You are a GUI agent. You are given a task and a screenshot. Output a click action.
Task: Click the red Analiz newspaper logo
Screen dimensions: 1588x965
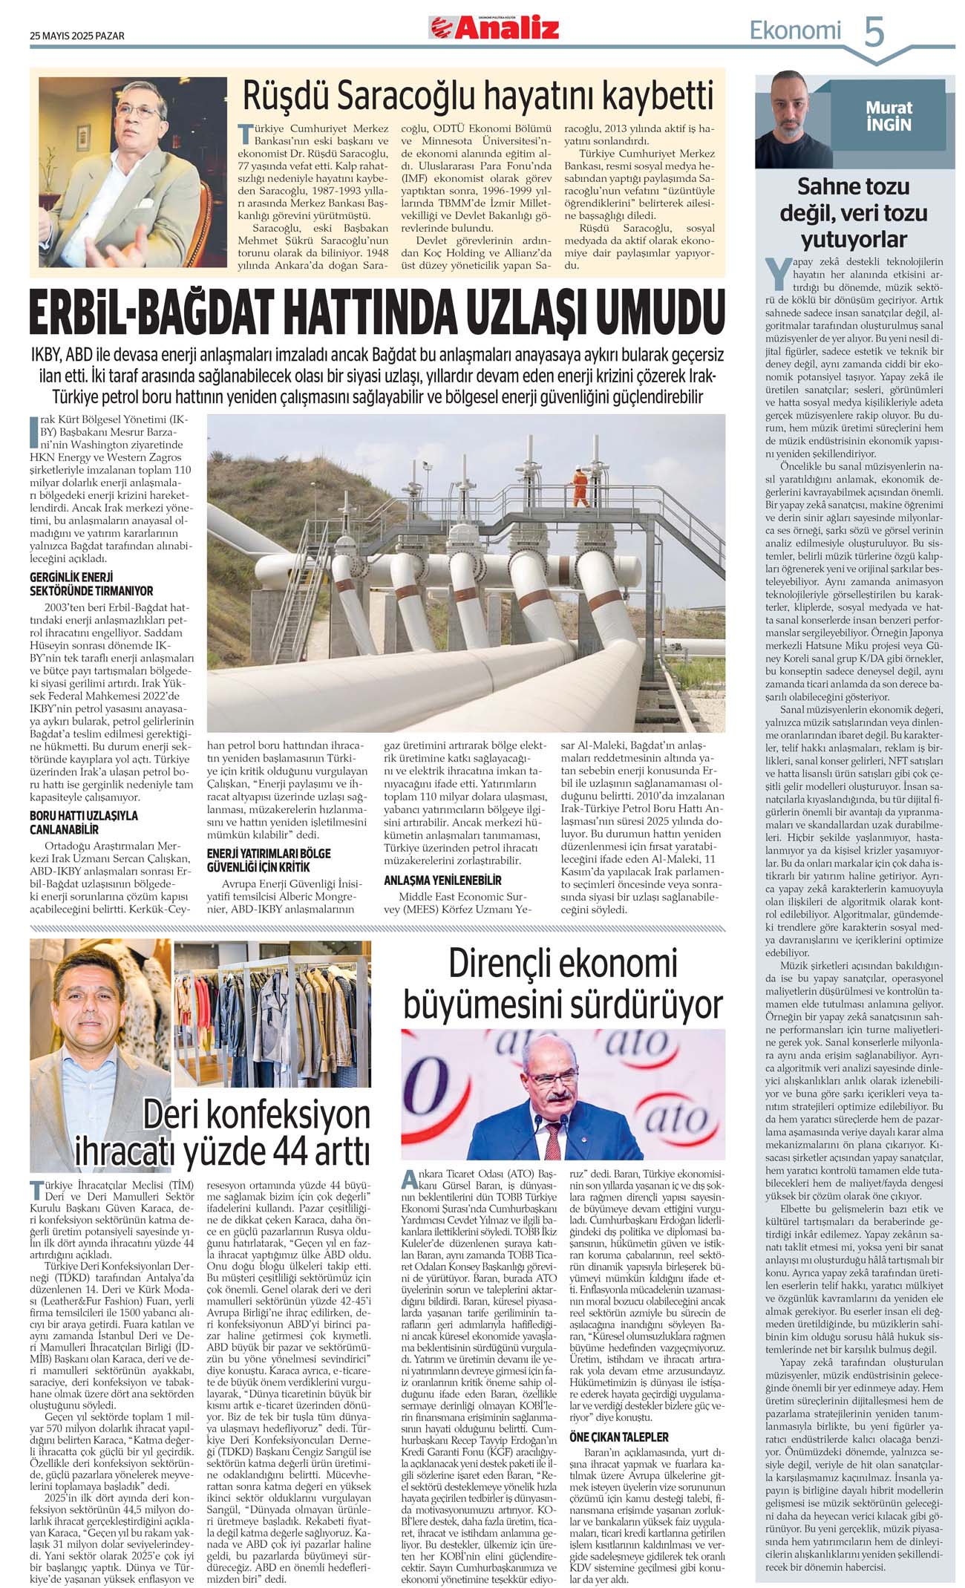pyautogui.click(x=494, y=28)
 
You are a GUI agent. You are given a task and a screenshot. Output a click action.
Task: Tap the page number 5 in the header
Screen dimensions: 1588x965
pyautogui.click(x=874, y=33)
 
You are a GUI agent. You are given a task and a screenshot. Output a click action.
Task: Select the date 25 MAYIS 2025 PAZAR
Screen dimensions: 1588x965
pyautogui.click(x=77, y=36)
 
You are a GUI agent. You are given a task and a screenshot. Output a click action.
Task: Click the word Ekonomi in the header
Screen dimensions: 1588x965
pyautogui.click(x=795, y=31)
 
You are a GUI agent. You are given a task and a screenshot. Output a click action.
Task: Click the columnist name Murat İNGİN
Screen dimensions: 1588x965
pyautogui.click(x=888, y=116)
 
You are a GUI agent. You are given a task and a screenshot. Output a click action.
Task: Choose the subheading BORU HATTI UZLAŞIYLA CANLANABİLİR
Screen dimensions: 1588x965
pyautogui.click(x=83, y=822)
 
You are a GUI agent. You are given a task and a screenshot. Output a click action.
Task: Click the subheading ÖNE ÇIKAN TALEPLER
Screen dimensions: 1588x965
pyautogui.click(x=618, y=1437)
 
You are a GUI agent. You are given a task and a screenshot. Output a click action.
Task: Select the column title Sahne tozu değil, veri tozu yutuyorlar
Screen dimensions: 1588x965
pyautogui.click(x=853, y=212)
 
